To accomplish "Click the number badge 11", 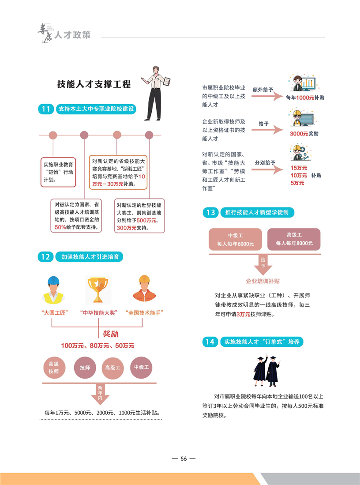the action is point(46,109).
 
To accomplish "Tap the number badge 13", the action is point(210,213).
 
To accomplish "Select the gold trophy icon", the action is point(98,290).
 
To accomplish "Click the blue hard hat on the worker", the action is point(53,280).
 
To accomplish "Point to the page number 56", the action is point(184,459).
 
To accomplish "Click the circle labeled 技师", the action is point(85,368).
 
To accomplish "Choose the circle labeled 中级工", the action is point(141,368).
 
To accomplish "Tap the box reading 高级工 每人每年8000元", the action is point(294,239).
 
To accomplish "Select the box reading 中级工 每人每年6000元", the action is point(235,239).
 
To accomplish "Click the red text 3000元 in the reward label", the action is point(299,134).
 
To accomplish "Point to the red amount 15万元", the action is point(299,168).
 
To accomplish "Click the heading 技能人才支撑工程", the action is point(94,84).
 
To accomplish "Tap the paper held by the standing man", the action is point(166,81).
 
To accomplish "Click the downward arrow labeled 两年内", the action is point(100,394).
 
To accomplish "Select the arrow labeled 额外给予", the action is point(267,97).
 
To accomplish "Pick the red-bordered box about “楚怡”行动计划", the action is point(58,172).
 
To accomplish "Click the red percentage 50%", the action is point(60,227).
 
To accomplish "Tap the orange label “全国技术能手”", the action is point(144,313).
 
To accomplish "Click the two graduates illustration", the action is point(266,371).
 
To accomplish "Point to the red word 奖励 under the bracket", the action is point(110,334).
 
